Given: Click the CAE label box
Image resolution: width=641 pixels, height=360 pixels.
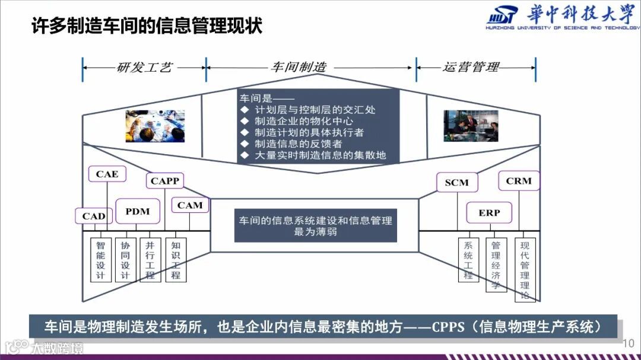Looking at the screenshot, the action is [107, 174].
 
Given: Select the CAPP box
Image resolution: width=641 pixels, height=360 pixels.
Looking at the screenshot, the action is [165, 181].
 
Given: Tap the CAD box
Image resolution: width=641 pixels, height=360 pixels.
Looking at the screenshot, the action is [93, 216].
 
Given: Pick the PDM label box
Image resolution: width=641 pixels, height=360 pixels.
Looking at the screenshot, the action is [137, 211].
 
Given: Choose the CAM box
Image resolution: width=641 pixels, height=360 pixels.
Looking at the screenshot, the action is [190, 205].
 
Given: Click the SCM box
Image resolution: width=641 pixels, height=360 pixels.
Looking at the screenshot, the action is [456, 183].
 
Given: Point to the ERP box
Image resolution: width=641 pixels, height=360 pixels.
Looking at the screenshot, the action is [489, 212].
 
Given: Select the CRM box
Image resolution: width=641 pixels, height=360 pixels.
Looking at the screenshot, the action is [519, 181].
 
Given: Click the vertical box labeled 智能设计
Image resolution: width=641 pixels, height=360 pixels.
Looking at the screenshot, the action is [100, 260].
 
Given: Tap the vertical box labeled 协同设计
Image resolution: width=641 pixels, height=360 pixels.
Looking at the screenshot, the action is [125, 260].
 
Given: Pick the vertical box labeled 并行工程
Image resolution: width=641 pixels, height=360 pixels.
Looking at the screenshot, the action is [150, 260].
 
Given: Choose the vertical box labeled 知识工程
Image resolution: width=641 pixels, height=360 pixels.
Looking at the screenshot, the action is [176, 260].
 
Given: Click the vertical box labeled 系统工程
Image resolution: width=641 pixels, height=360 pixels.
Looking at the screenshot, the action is [468, 260].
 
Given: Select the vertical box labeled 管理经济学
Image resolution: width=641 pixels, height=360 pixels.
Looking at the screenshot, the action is [496, 265].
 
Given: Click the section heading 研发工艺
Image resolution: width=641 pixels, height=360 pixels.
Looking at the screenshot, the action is [144, 67].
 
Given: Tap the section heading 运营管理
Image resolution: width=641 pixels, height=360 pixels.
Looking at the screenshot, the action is [471, 67].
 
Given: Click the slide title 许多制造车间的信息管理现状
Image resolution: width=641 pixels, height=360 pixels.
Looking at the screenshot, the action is [147, 26].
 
